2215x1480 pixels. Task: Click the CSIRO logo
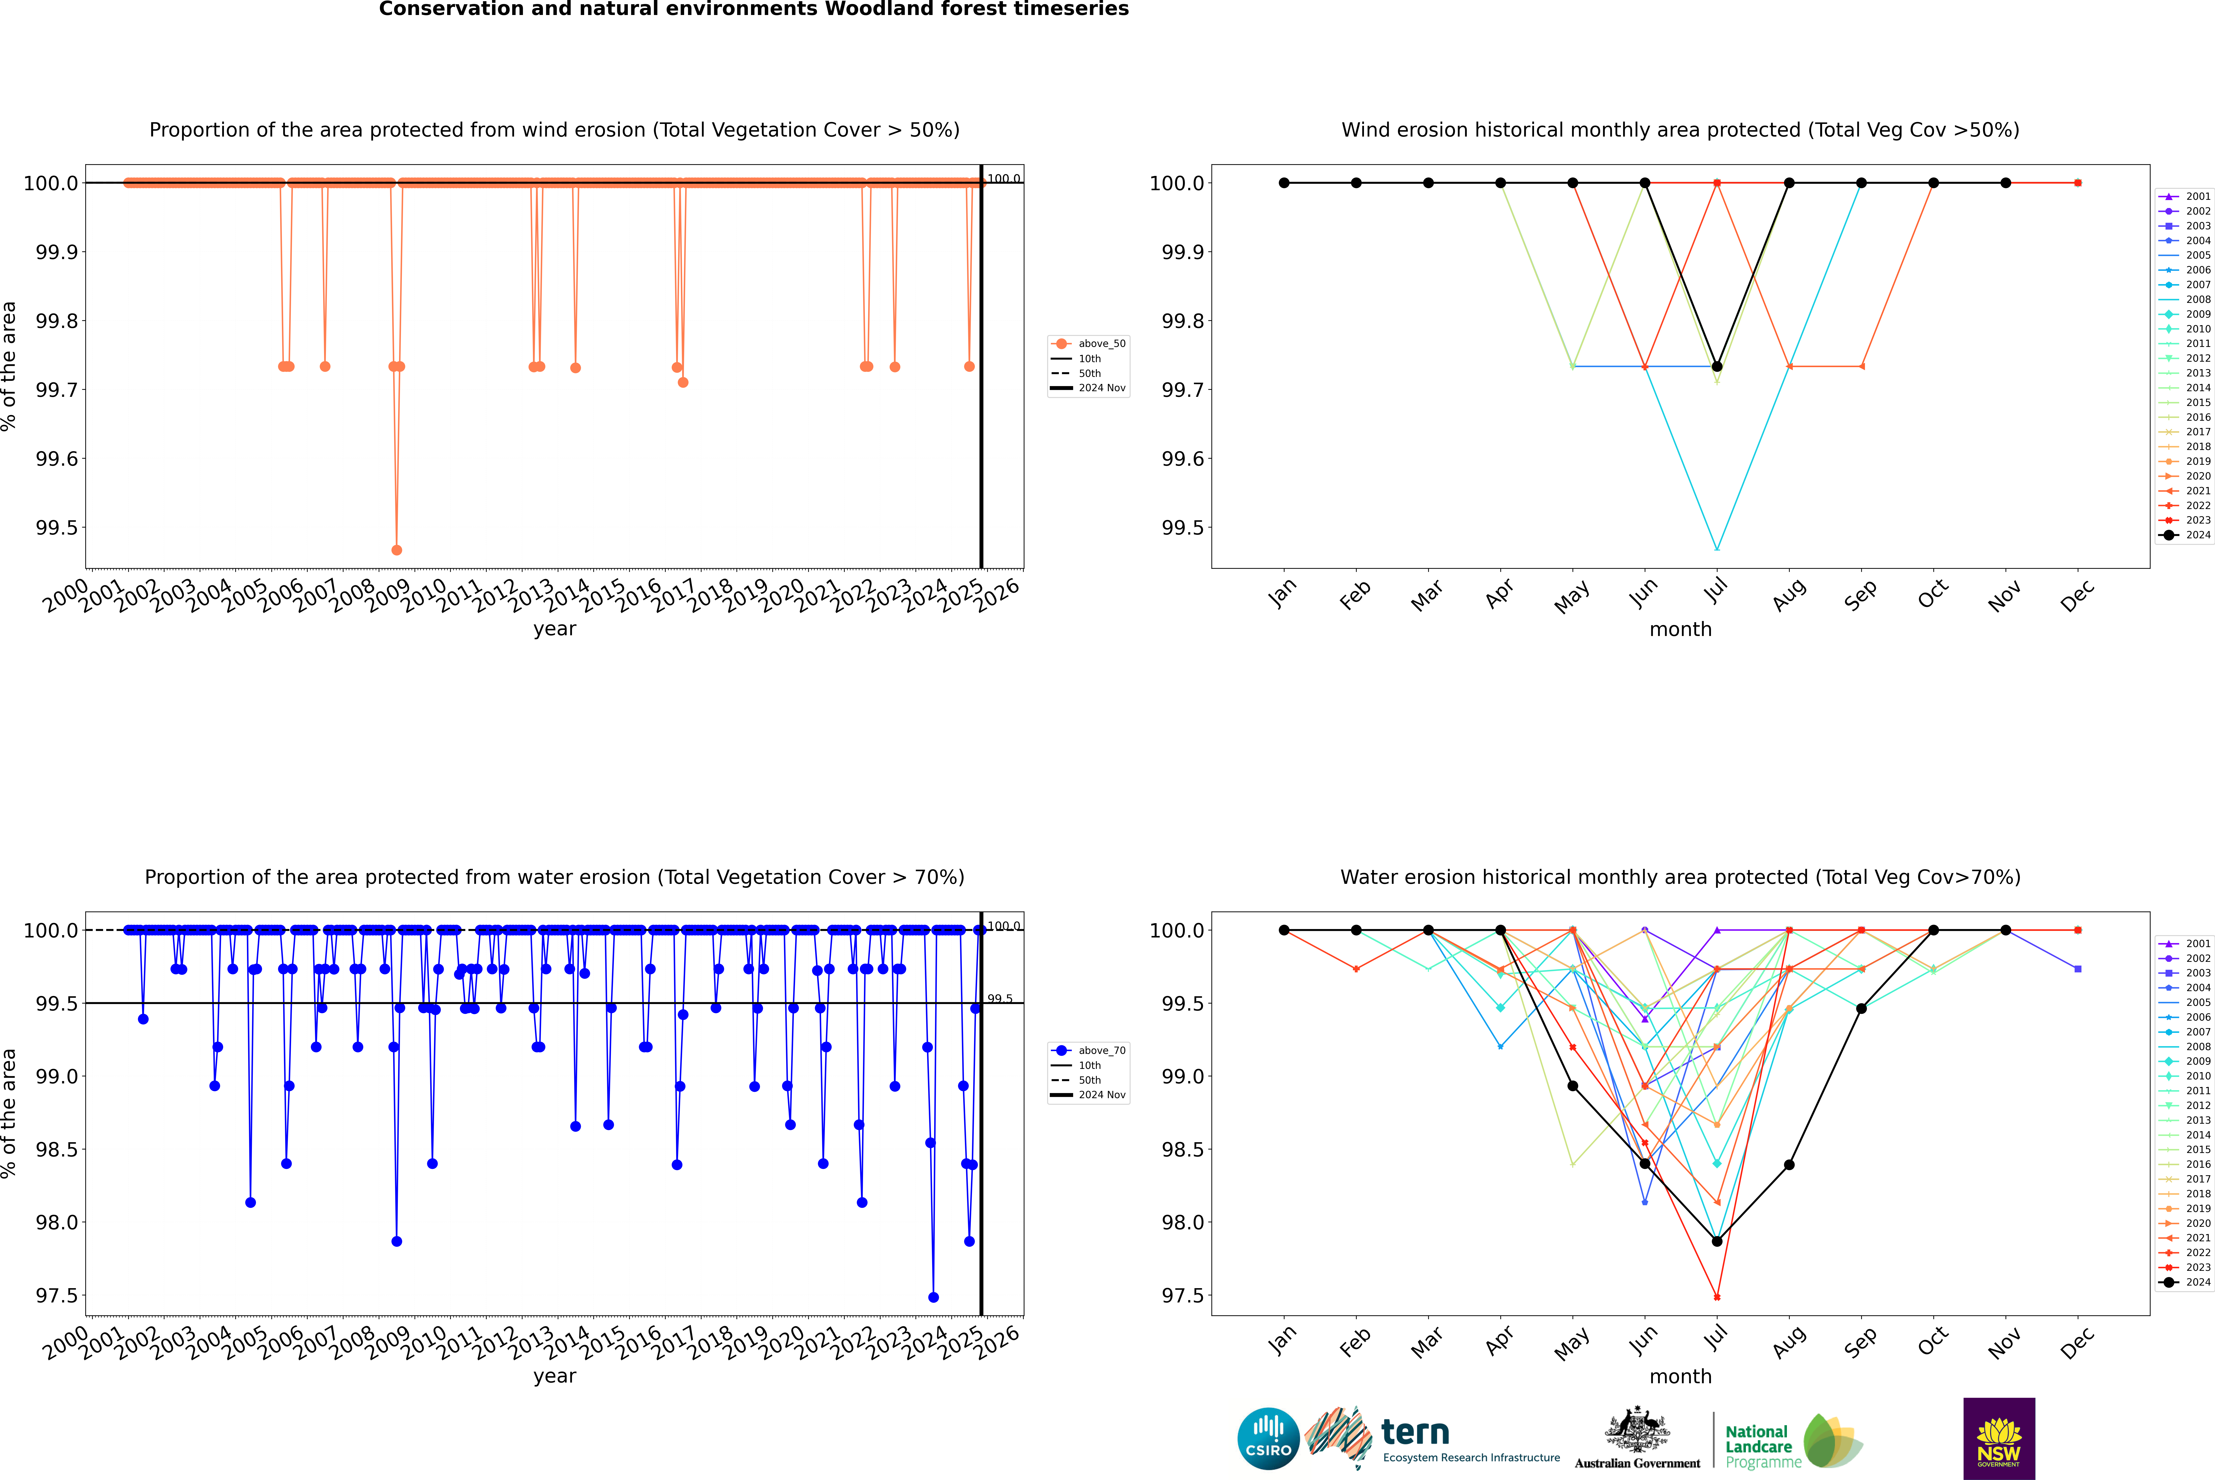[1268, 1439]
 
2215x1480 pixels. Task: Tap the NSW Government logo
[1999, 1439]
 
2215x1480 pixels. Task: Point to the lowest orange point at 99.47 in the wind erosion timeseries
[396, 549]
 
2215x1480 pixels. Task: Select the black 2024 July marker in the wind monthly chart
[1716, 366]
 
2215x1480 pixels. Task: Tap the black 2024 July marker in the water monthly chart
[1716, 1241]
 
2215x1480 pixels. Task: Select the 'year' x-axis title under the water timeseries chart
[554, 1376]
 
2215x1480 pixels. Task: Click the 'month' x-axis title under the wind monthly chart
[1680, 630]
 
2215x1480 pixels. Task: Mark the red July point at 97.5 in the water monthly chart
[1716, 1297]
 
